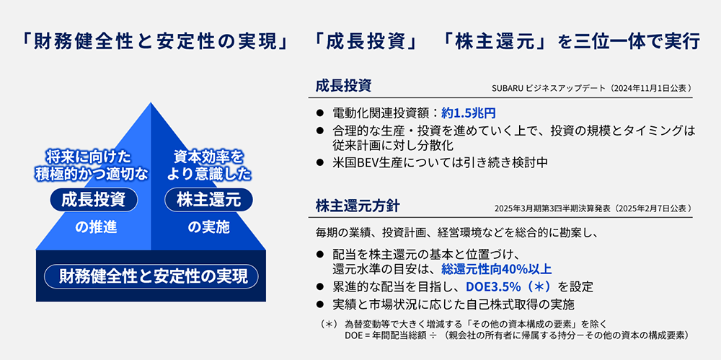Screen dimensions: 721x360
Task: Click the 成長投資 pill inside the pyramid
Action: (x=94, y=200)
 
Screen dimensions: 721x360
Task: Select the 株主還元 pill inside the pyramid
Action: (x=208, y=200)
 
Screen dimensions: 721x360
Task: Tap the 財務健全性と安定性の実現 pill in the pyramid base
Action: (x=151, y=276)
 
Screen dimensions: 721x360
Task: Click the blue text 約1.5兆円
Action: (x=468, y=113)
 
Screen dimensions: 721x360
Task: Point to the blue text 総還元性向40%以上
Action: (x=496, y=269)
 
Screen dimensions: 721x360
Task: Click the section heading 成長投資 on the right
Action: (x=343, y=86)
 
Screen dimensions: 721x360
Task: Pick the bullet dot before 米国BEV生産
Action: (x=320, y=162)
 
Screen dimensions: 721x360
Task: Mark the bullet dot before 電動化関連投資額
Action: (x=320, y=113)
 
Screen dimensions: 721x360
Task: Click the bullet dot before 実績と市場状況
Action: (x=320, y=304)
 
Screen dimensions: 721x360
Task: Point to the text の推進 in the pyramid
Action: (x=96, y=227)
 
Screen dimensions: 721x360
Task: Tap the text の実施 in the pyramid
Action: (x=208, y=227)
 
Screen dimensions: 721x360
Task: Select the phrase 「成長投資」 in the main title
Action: (x=366, y=43)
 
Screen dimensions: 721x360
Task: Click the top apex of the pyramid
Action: (x=151, y=102)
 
